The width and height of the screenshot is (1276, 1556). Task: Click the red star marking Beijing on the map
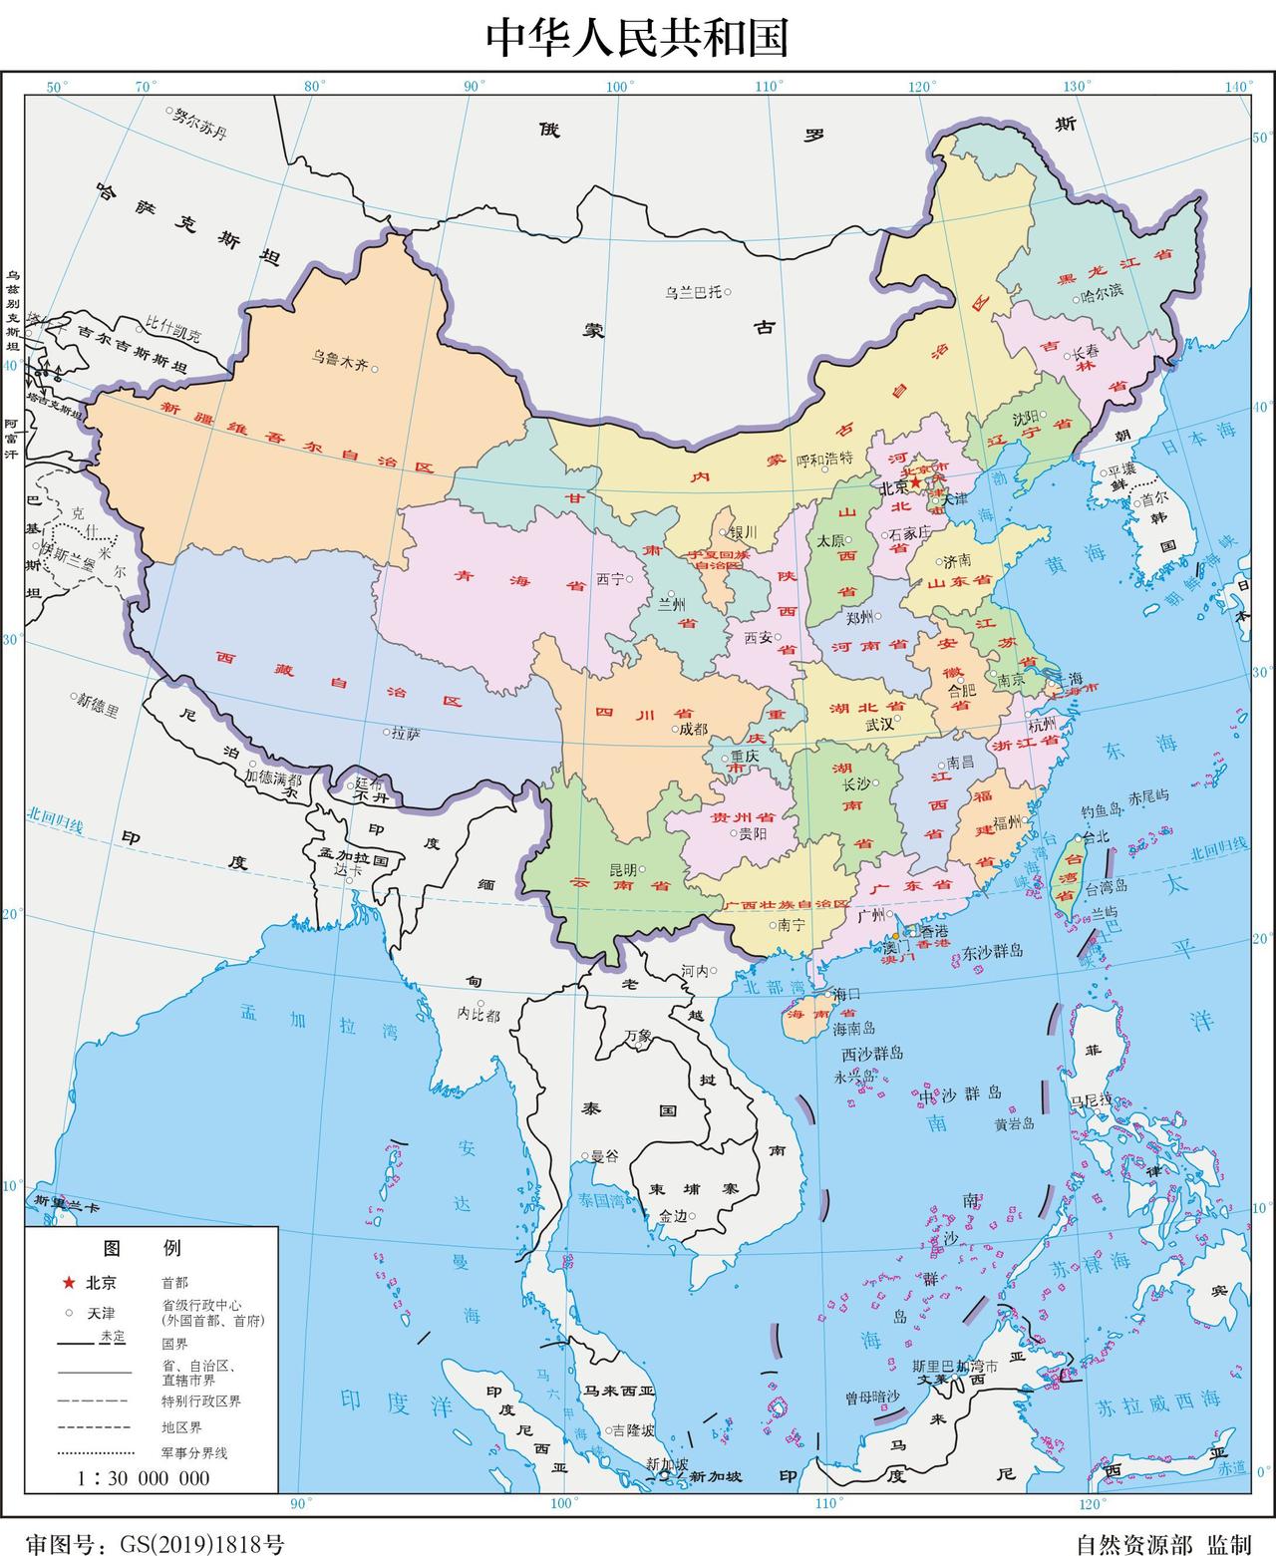(915, 482)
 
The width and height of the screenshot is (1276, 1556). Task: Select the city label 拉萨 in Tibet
(406, 733)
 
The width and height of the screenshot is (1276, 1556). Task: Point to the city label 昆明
(625, 869)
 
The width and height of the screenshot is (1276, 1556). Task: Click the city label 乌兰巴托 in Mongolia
(693, 292)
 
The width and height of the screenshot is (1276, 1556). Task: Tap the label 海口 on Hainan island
(846, 994)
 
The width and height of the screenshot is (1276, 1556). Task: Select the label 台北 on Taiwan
(1096, 837)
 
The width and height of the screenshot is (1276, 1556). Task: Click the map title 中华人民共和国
(637, 38)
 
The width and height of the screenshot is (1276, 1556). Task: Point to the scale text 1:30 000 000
(144, 1477)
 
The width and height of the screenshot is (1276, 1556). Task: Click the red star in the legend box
(68, 1282)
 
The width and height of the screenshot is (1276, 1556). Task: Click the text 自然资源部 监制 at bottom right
(1162, 1544)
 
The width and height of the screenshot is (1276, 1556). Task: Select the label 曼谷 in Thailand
(605, 1156)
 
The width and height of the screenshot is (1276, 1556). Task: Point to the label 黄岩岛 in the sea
(1014, 1123)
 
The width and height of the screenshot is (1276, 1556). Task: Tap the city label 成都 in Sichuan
(693, 729)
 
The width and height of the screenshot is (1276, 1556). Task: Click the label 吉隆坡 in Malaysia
(634, 1429)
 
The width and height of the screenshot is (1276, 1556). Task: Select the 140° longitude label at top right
(1238, 87)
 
